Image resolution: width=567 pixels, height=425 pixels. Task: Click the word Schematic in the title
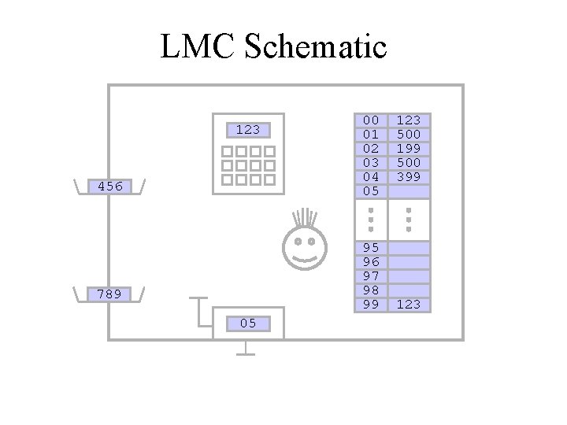[316, 48]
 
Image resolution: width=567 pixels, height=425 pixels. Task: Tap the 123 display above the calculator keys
[248, 129]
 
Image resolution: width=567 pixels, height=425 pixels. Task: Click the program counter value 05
[247, 323]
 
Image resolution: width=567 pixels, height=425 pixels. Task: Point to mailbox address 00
[370, 120]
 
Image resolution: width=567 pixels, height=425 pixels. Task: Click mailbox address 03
[370, 162]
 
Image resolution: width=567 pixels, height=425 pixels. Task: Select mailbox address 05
[370, 190]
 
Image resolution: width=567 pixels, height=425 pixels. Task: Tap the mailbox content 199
[409, 148]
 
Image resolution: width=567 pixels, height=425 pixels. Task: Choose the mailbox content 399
[409, 176]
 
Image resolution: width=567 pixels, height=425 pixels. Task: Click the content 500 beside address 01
[409, 134]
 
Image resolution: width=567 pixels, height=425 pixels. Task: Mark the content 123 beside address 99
[409, 304]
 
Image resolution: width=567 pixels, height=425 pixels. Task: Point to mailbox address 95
[370, 247]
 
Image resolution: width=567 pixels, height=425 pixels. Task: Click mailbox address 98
[370, 290]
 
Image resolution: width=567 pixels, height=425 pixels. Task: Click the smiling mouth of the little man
[303, 256]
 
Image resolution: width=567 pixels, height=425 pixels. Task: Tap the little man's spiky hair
[303, 219]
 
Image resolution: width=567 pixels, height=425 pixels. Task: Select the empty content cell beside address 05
[409, 190]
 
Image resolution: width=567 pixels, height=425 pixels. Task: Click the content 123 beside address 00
[409, 120]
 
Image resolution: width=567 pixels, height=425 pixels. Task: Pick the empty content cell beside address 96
[409, 261]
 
